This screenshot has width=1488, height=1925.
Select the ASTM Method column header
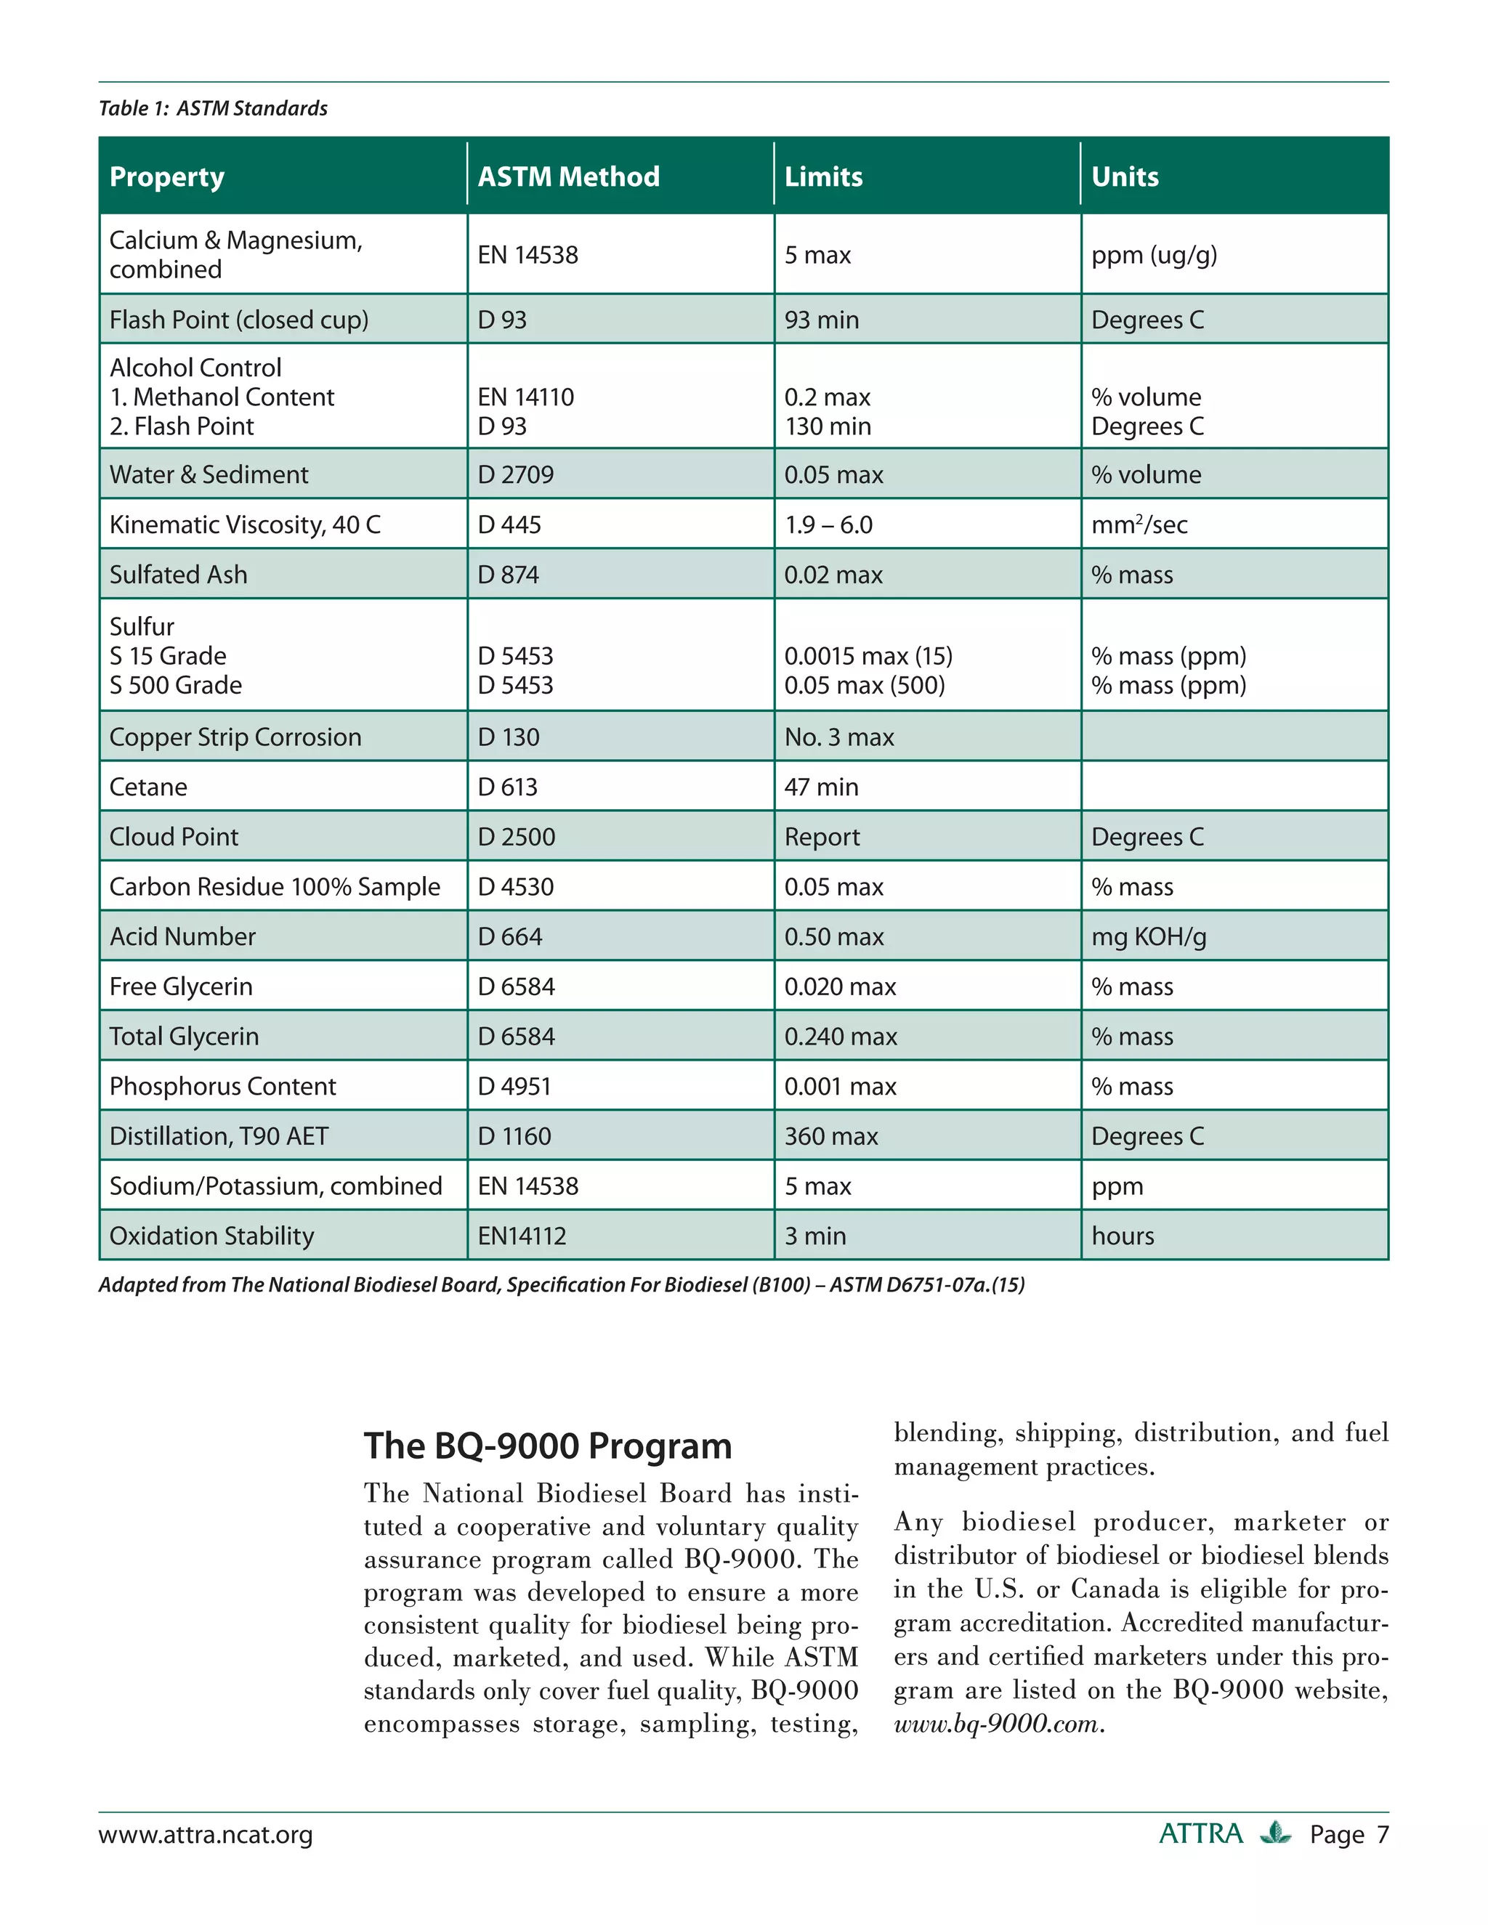click(x=569, y=177)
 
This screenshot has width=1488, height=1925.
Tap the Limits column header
click(x=823, y=177)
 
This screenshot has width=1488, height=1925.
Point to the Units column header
click(x=1125, y=177)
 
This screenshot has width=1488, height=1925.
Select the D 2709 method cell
click(x=516, y=474)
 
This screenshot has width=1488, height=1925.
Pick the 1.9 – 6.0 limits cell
click(x=828, y=524)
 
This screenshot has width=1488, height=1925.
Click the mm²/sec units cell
click(x=1139, y=524)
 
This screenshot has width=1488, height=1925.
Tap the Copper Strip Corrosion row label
click(x=235, y=737)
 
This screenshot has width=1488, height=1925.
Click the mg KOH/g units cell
click(x=1149, y=936)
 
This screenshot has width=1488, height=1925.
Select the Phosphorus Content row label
click(x=223, y=1086)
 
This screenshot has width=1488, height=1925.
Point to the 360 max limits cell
click(x=831, y=1136)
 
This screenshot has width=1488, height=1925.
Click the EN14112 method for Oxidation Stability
click(x=522, y=1236)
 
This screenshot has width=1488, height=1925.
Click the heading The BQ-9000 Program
click(x=547, y=1446)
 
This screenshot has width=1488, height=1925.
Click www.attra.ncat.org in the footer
click(x=206, y=1834)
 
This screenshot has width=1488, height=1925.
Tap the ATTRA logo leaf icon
click(x=1274, y=1833)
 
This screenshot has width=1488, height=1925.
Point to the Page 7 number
click(x=1348, y=1834)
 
